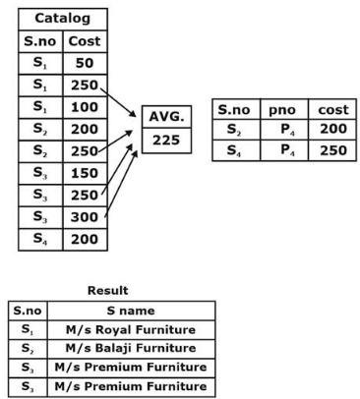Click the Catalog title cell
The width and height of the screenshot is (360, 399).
[63, 20]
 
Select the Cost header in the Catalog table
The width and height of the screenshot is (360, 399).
[85, 41]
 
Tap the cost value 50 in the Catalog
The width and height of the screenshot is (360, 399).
[85, 63]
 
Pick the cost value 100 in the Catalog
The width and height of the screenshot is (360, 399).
[85, 107]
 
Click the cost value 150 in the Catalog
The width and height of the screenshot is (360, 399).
[85, 173]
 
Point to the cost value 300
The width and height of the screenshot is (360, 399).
[85, 217]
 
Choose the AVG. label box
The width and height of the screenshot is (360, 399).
[166, 117]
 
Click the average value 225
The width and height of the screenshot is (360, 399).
[166, 141]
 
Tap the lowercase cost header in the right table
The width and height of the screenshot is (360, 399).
[332, 109]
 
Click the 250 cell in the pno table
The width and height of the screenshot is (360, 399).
[332, 150]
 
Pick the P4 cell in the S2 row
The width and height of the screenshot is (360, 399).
[284, 130]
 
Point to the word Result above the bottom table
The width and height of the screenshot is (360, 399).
[108, 291]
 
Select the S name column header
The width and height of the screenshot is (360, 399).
[131, 311]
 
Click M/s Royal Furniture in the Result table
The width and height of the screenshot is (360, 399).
[131, 330]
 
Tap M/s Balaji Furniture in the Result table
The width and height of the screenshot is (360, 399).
[131, 348]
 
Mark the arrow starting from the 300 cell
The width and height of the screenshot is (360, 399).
[121, 184]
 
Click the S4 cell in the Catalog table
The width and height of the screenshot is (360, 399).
[40, 240]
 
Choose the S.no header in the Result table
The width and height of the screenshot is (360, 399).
[28, 311]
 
